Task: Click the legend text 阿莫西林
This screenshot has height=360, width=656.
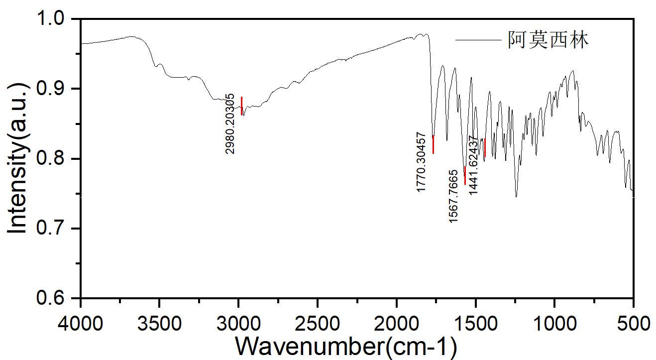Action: (x=548, y=40)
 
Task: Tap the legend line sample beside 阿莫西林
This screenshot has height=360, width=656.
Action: (x=479, y=40)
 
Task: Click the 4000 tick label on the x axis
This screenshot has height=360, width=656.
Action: (x=81, y=323)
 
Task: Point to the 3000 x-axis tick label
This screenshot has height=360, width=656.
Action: (x=238, y=323)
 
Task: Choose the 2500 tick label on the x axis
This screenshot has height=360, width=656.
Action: (x=318, y=323)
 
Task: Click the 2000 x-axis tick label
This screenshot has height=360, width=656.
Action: (x=397, y=323)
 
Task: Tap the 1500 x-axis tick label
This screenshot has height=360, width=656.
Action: (x=475, y=323)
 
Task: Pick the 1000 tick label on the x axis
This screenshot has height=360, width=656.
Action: (x=554, y=323)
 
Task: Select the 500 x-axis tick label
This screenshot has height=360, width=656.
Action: (x=633, y=323)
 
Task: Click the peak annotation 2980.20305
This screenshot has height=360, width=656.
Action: (x=230, y=123)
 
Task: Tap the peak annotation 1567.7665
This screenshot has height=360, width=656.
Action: (x=453, y=196)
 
